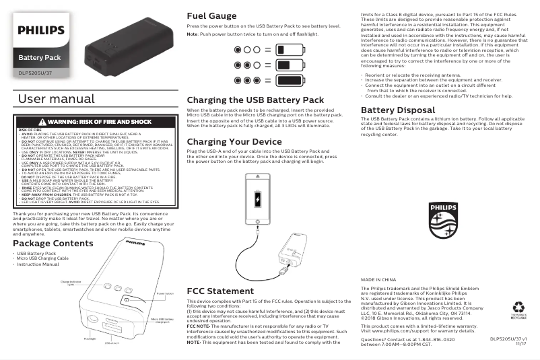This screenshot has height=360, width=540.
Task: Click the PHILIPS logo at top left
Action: pos(41,30)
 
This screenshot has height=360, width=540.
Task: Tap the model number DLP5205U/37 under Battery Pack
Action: pos(36,72)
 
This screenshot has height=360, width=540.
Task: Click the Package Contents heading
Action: pos(53,243)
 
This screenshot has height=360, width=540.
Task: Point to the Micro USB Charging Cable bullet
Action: pos(42,258)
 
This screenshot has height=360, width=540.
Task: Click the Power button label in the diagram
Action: pos(164,294)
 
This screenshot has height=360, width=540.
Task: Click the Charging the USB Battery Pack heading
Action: pos(255,100)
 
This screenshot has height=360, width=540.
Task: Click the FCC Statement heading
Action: pos(220,291)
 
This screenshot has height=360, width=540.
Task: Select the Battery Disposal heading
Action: pos(398,110)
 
